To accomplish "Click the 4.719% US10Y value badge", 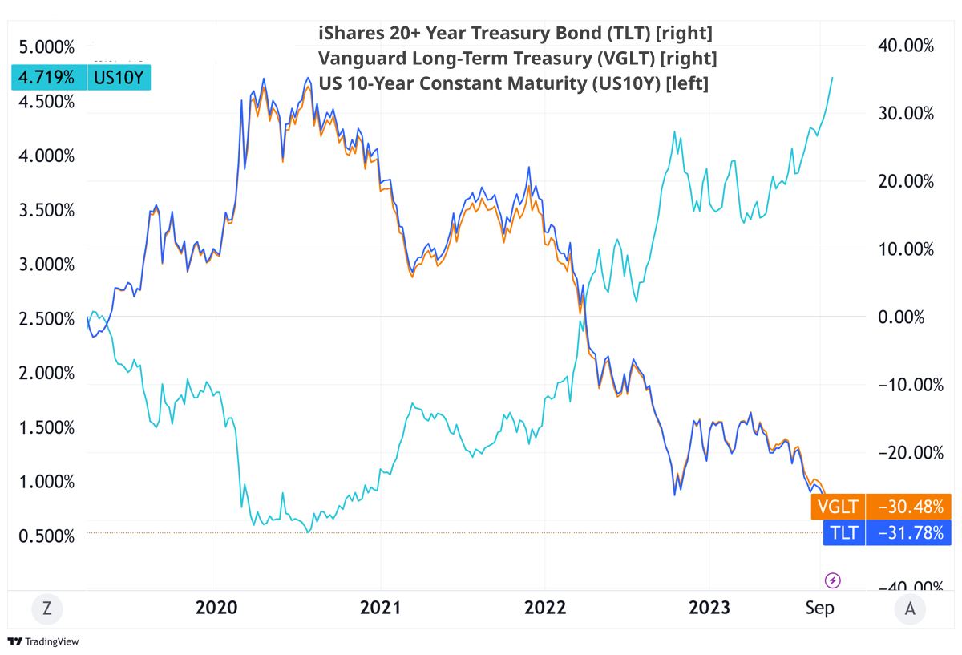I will pyautogui.click(x=79, y=78).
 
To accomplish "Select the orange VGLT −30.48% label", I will pyautogui.click(x=881, y=507).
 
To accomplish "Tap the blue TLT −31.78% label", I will pyautogui.click(x=886, y=532).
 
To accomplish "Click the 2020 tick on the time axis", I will pyautogui.click(x=216, y=608).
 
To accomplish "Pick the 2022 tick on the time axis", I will pyautogui.click(x=545, y=608).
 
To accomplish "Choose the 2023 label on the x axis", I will pyautogui.click(x=709, y=608).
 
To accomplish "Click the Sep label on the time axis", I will pyautogui.click(x=819, y=608).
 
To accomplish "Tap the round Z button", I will pyautogui.click(x=47, y=609).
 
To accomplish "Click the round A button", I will pyautogui.click(x=909, y=609).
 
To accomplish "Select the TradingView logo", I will pyautogui.click(x=44, y=642).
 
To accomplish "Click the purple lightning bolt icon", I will pyautogui.click(x=833, y=580).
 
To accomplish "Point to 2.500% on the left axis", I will pyautogui.click(x=46, y=318).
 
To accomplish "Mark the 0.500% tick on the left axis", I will pyautogui.click(x=46, y=536).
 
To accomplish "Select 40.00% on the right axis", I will pyautogui.click(x=907, y=46).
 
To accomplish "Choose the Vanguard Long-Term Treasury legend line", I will pyautogui.click(x=517, y=59).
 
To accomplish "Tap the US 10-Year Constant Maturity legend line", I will pyautogui.click(x=513, y=83).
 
